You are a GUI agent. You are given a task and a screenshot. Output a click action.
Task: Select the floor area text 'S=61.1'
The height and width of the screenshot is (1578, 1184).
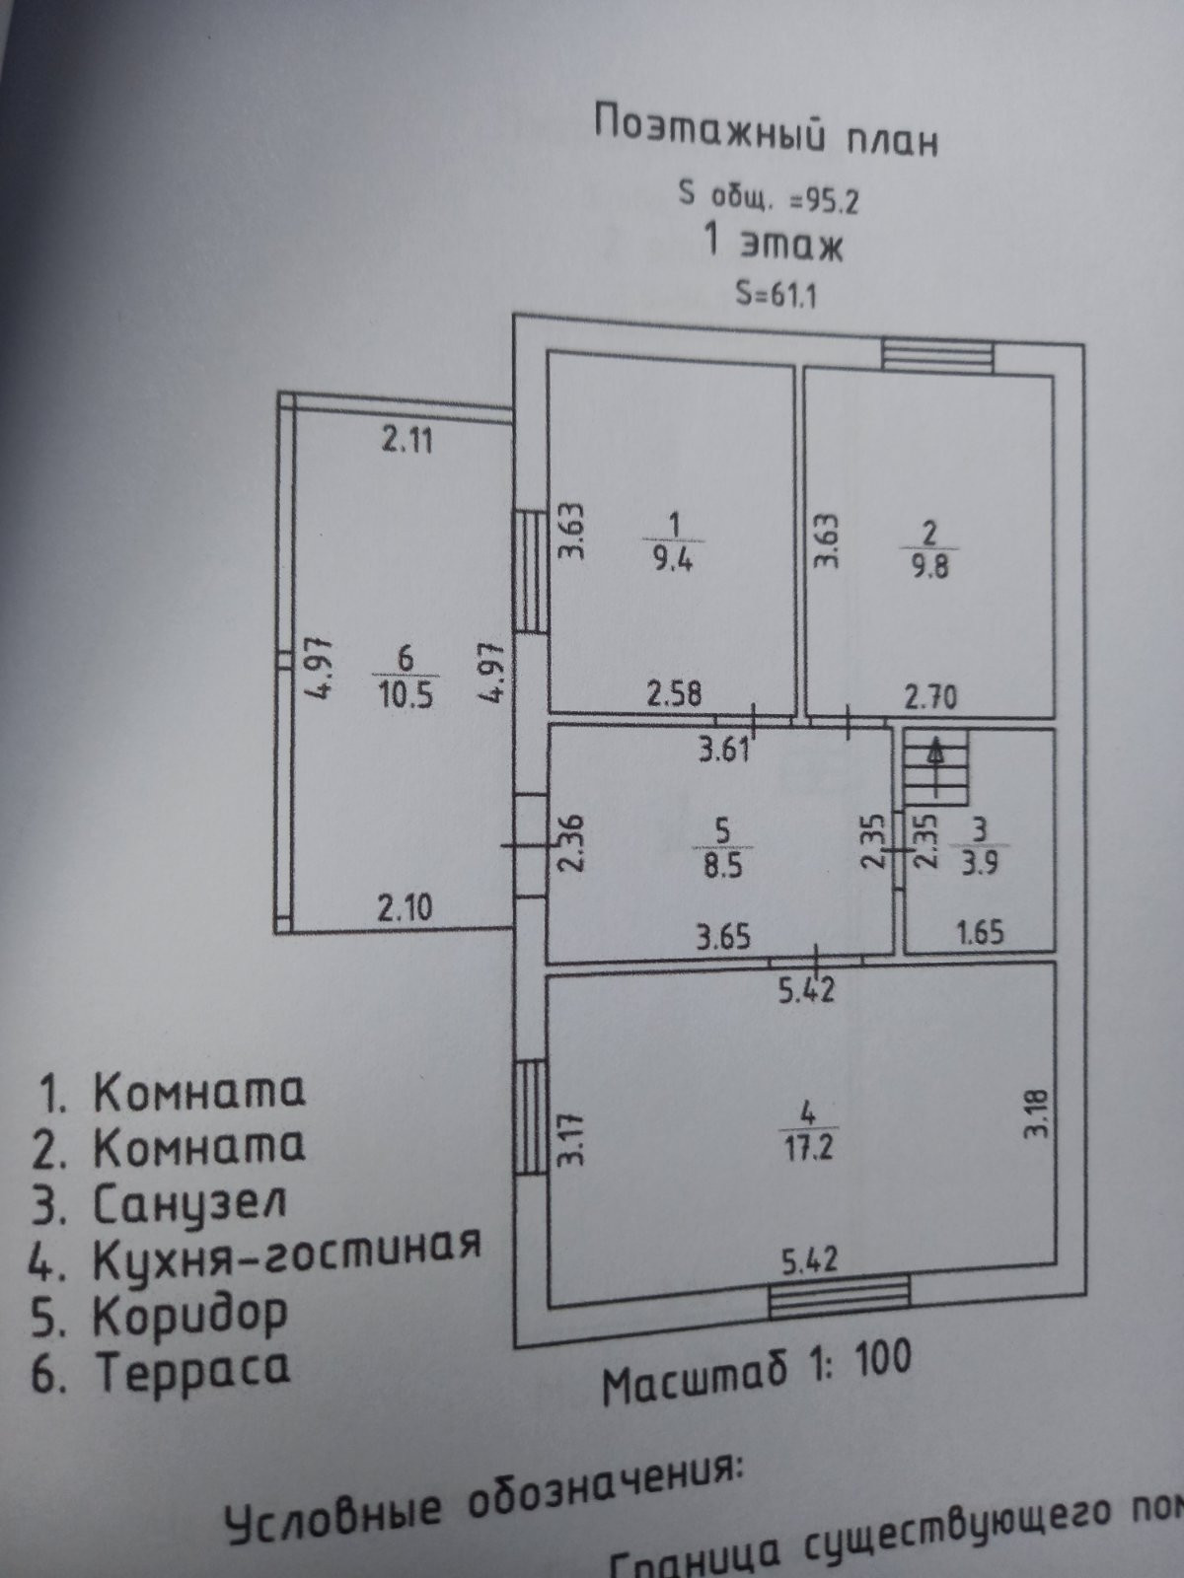coord(777,294)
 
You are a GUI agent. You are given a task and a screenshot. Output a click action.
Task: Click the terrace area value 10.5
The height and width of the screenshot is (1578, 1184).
coord(405,695)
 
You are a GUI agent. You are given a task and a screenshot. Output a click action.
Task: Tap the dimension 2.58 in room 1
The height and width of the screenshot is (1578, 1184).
coord(675,693)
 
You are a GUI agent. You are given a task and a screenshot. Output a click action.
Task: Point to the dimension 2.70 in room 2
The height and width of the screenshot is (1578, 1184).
coord(930,698)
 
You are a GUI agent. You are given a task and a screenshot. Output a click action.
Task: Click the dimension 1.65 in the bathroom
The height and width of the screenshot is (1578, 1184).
coord(980,932)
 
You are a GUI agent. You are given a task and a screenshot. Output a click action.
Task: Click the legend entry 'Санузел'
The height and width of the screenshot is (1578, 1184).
coord(189,1203)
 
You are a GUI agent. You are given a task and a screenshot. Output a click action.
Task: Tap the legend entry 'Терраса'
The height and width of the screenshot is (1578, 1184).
coord(192,1369)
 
